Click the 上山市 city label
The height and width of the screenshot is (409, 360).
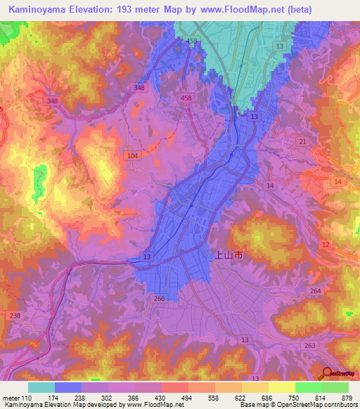[x=228, y=258]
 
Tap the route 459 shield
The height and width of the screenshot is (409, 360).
[x=191, y=42]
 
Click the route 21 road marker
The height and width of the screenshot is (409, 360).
[x=302, y=142]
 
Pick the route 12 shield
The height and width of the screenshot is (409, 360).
[x=325, y=244]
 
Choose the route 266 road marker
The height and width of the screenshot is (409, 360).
[x=160, y=298]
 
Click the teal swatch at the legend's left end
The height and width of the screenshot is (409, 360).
[x=41, y=387]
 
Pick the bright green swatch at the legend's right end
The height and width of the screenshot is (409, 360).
[x=335, y=387]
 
